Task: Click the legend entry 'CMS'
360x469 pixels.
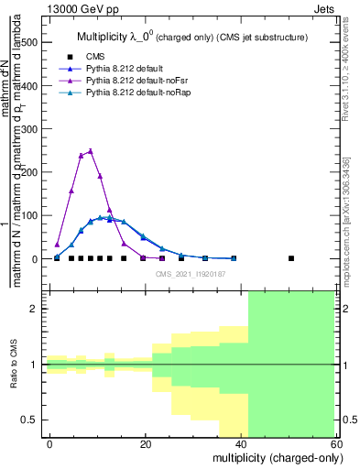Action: pos(95,57)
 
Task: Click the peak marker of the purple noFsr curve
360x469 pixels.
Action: pos(90,151)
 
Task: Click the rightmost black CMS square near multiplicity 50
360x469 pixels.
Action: pos(291,258)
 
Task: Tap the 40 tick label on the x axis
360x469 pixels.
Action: pos(242,444)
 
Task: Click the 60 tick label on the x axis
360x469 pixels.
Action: pos(338,444)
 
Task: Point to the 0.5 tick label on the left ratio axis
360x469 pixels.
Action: pos(28,420)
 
